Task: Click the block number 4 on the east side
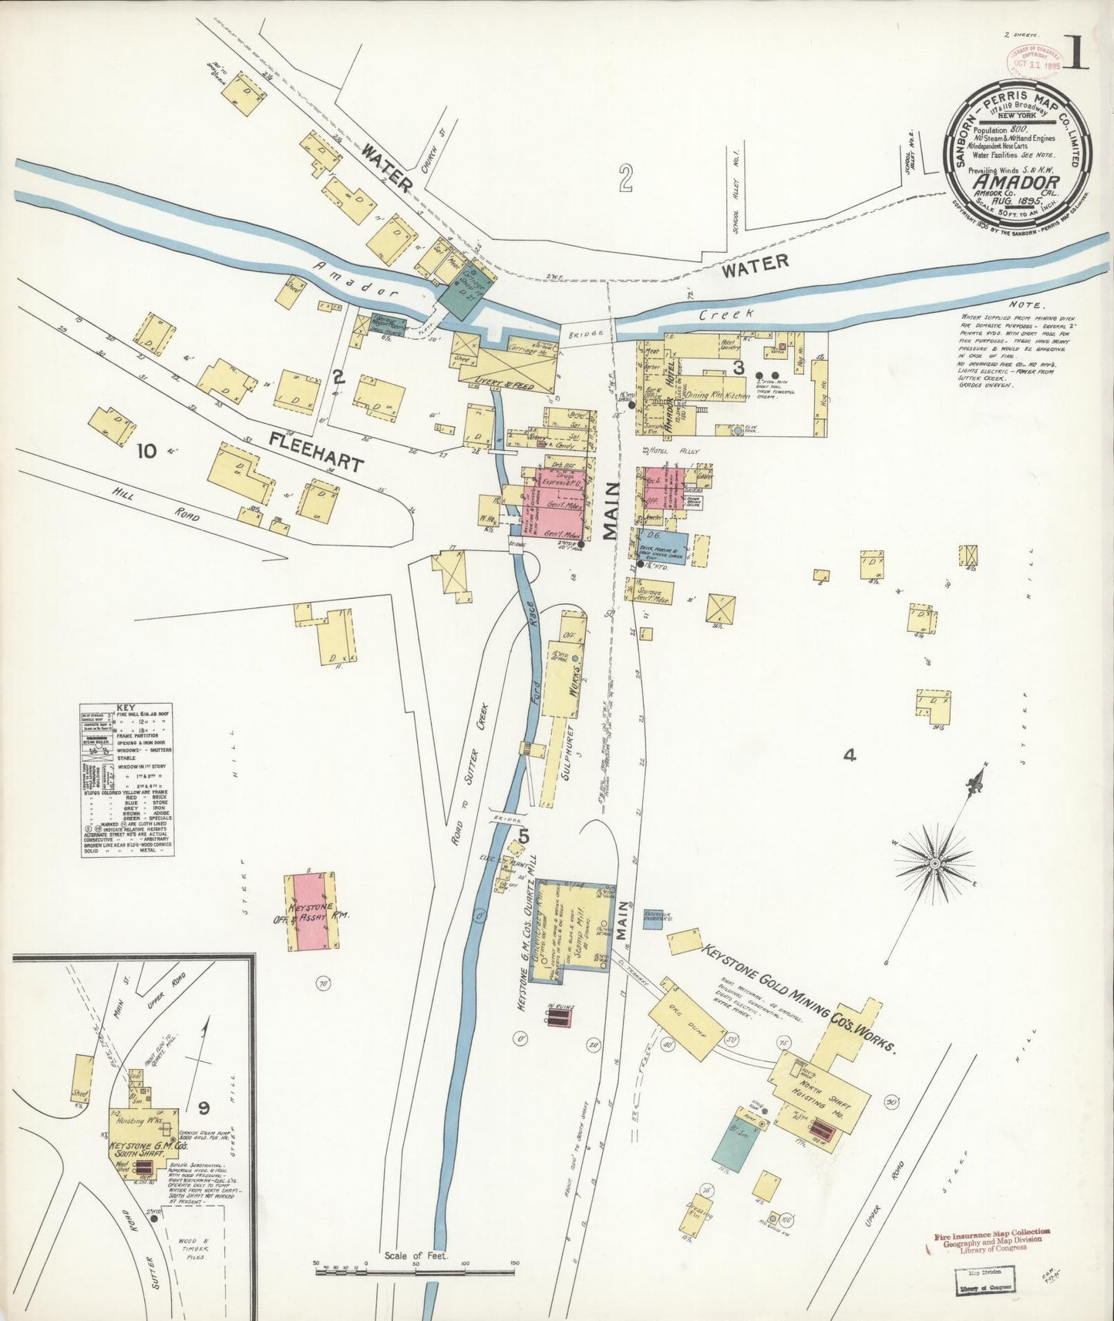(849, 756)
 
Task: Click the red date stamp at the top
(1031, 59)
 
